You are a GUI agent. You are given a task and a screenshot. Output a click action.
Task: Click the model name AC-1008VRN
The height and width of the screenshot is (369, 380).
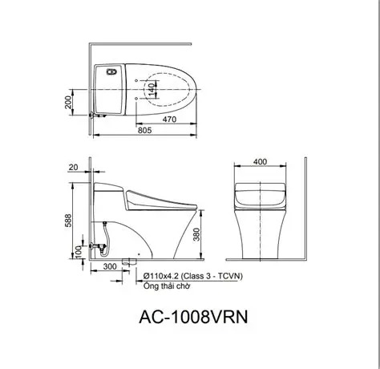[189, 317]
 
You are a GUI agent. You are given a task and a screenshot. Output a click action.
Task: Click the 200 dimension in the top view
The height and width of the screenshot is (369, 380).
[70, 102]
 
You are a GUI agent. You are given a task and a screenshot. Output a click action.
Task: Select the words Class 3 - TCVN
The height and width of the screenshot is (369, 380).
[203, 275]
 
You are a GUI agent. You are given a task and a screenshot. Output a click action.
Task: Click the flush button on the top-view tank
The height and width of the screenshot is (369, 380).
[110, 70]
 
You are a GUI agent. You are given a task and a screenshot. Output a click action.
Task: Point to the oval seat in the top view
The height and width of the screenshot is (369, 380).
[164, 86]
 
